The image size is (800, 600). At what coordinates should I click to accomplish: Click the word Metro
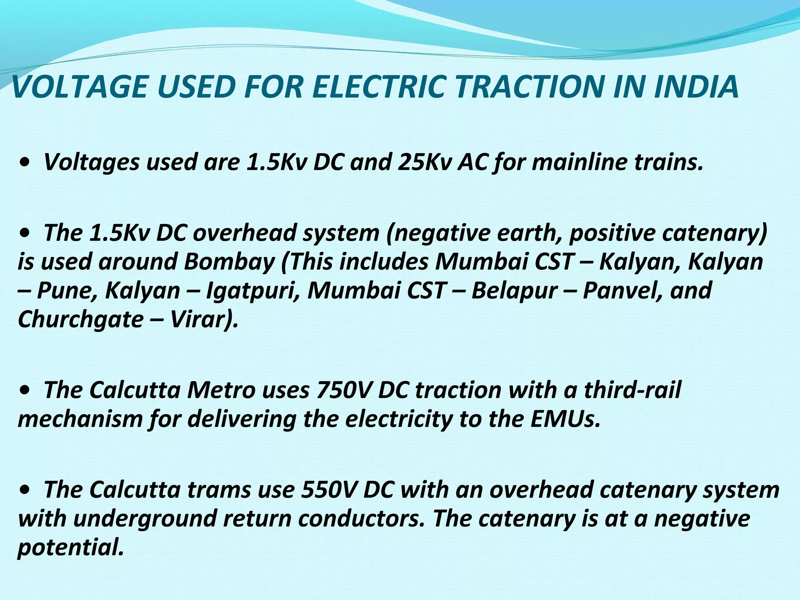[x=221, y=390]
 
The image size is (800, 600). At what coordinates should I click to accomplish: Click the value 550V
[x=329, y=489]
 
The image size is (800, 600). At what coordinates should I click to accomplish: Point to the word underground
[x=145, y=519]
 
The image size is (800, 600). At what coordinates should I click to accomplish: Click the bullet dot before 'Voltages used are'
[x=25, y=162]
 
